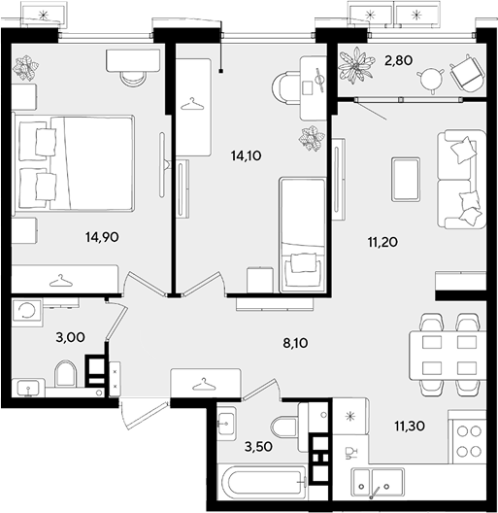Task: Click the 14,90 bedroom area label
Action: click(102, 236)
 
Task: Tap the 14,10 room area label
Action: click(247, 155)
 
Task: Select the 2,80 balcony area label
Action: click(399, 60)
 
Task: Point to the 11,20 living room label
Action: click(382, 243)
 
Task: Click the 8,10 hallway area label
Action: click(295, 343)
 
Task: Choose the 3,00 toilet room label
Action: click(70, 337)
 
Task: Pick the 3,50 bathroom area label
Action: click(258, 447)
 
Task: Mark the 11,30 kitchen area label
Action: click(410, 426)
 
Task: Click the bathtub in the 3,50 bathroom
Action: click(263, 483)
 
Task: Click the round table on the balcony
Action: click(431, 80)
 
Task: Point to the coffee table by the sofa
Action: click(406, 179)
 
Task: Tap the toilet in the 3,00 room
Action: click(65, 374)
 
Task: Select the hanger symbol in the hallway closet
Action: click(204, 385)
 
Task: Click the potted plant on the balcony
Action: click(356, 65)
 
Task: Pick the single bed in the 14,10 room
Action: click(303, 234)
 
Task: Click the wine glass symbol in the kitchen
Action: click(350, 453)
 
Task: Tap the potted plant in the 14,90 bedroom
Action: click(25, 68)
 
